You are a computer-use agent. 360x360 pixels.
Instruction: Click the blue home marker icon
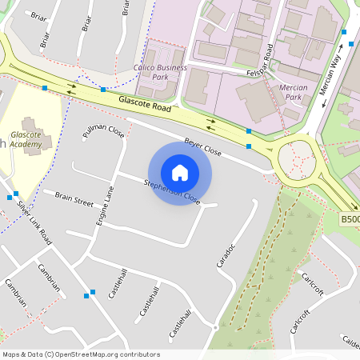coord(180,173)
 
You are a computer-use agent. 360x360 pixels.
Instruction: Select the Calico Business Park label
coord(160,72)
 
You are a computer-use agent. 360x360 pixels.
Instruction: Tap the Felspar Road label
coord(259,61)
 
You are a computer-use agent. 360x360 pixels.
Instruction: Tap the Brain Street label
coord(74,198)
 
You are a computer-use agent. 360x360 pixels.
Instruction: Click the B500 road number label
coord(350,218)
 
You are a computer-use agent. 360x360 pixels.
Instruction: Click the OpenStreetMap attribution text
coord(81,354)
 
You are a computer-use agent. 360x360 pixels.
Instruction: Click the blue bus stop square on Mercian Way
coord(343,33)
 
